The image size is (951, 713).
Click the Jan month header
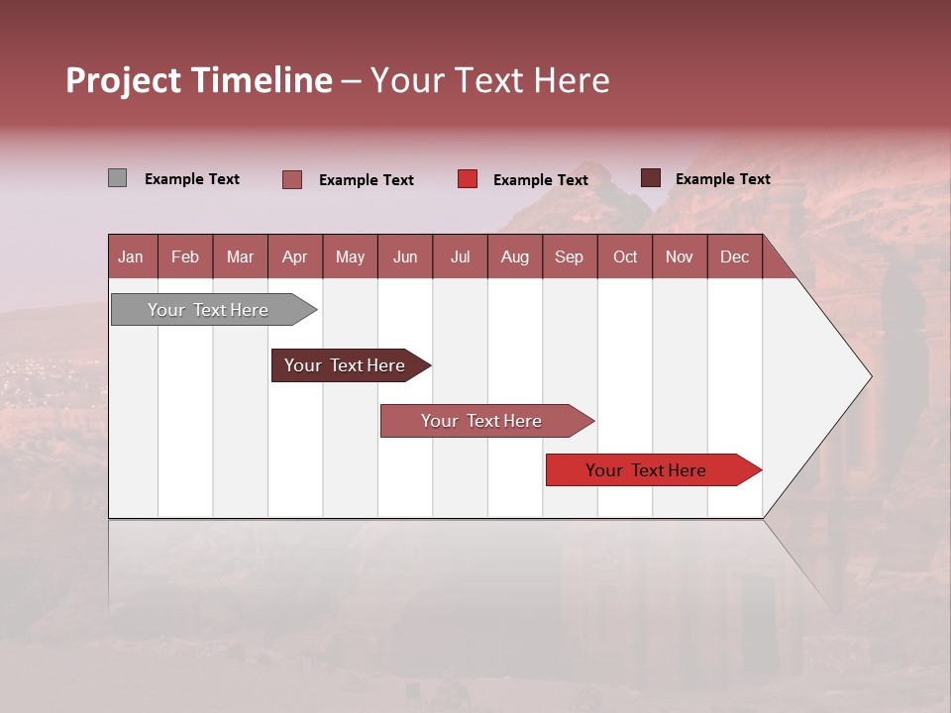131,257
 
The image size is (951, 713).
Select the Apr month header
294,257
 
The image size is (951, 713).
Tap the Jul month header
460,257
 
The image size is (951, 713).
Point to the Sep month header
569,257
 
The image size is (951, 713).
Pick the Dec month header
734,257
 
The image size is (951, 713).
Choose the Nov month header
679,257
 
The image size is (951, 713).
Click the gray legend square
117,178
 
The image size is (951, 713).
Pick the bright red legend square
468,179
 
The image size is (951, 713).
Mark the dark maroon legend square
650,178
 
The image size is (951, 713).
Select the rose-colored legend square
292,179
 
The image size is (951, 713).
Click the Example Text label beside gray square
192,179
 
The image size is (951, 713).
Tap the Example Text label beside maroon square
723,179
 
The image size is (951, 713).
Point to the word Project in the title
123,80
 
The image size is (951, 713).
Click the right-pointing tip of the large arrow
868,376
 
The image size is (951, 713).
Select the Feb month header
185,257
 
